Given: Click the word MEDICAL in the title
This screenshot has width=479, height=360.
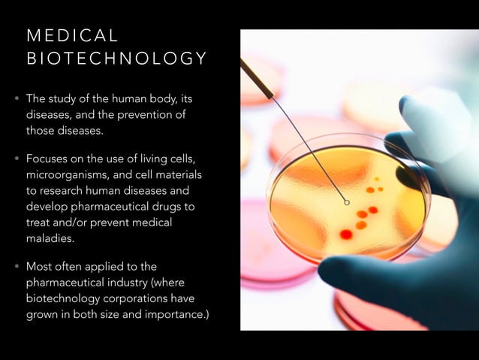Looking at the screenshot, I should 72,35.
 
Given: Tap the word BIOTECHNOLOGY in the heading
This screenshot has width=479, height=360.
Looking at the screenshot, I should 116,59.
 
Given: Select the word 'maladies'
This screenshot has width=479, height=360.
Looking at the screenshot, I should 50,238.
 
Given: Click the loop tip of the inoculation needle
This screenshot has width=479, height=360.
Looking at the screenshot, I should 346,201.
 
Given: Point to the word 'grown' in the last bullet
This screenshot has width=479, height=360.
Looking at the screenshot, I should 43,314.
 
